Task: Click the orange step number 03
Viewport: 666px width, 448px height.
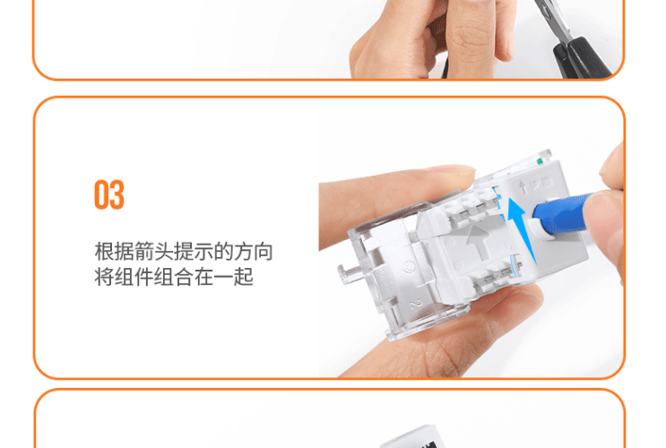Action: pyautogui.click(x=109, y=195)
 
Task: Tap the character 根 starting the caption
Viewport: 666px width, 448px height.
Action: pyautogui.click(x=104, y=252)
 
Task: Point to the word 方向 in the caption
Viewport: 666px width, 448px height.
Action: pyautogui.click(x=253, y=252)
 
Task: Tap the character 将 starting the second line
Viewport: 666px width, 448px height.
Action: pyautogui.click(x=104, y=277)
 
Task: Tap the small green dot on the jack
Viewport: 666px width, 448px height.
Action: pyautogui.click(x=540, y=161)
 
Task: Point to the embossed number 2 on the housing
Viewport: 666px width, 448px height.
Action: pyautogui.click(x=415, y=304)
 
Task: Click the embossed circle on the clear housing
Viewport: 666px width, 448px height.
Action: pyautogui.click(x=410, y=267)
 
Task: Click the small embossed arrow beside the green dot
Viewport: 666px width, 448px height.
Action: pyautogui.click(x=523, y=187)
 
